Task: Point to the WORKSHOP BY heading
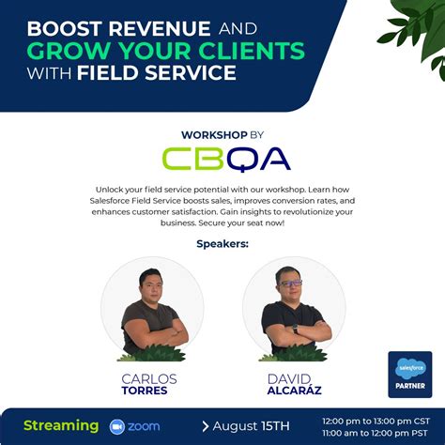click(222, 134)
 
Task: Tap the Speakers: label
click(222, 244)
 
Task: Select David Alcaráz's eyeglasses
click(291, 282)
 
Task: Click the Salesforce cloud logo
click(409, 369)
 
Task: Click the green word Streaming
click(61, 425)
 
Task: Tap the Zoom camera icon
click(118, 425)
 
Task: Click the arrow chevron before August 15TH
click(206, 425)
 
